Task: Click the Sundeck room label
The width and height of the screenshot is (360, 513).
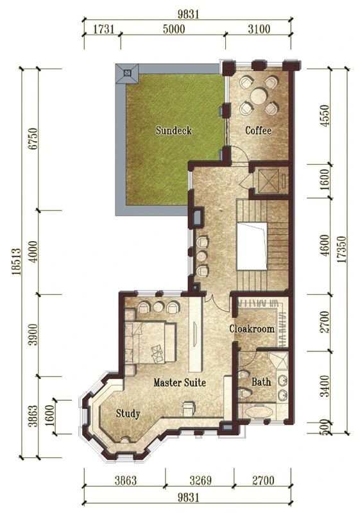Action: click(x=173, y=130)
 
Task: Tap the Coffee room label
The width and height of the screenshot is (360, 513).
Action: click(x=258, y=131)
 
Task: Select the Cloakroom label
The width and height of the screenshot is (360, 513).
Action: click(x=252, y=328)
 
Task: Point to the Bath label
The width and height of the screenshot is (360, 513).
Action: click(x=261, y=382)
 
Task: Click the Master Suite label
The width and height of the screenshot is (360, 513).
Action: click(x=180, y=382)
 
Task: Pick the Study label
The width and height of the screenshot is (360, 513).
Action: click(x=128, y=414)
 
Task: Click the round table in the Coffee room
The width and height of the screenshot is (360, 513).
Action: click(x=259, y=96)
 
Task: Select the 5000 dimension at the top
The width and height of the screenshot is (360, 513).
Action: click(x=174, y=29)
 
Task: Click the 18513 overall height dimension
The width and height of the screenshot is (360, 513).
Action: click(x=17, y=262)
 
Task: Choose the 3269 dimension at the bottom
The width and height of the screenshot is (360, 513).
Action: click(x=200, y=480)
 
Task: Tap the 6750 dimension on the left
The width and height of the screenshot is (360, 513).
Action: click(x=33, y=139)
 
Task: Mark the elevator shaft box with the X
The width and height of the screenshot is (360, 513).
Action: click(x=269, y=181)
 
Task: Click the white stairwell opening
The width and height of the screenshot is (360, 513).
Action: click(x=252, y=246)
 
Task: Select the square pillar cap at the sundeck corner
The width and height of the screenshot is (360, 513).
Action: click(x=127, y=73)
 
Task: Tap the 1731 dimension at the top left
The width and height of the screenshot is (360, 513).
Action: click(x=104, y=29)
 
